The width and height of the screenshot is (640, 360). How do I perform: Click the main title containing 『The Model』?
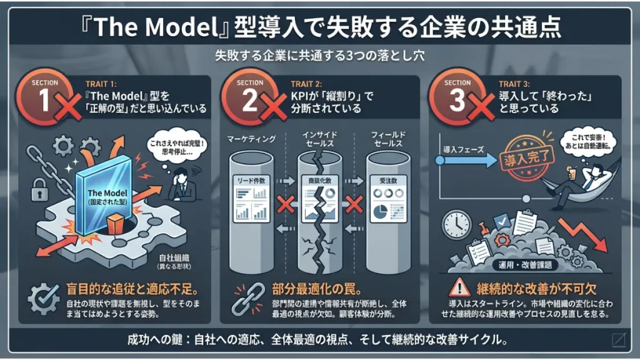[320, 26]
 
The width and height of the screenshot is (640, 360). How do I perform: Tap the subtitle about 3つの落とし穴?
[320, 55]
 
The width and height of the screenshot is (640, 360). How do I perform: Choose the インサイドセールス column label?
[319, 139]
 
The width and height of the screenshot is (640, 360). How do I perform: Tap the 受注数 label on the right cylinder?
[384, 180]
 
